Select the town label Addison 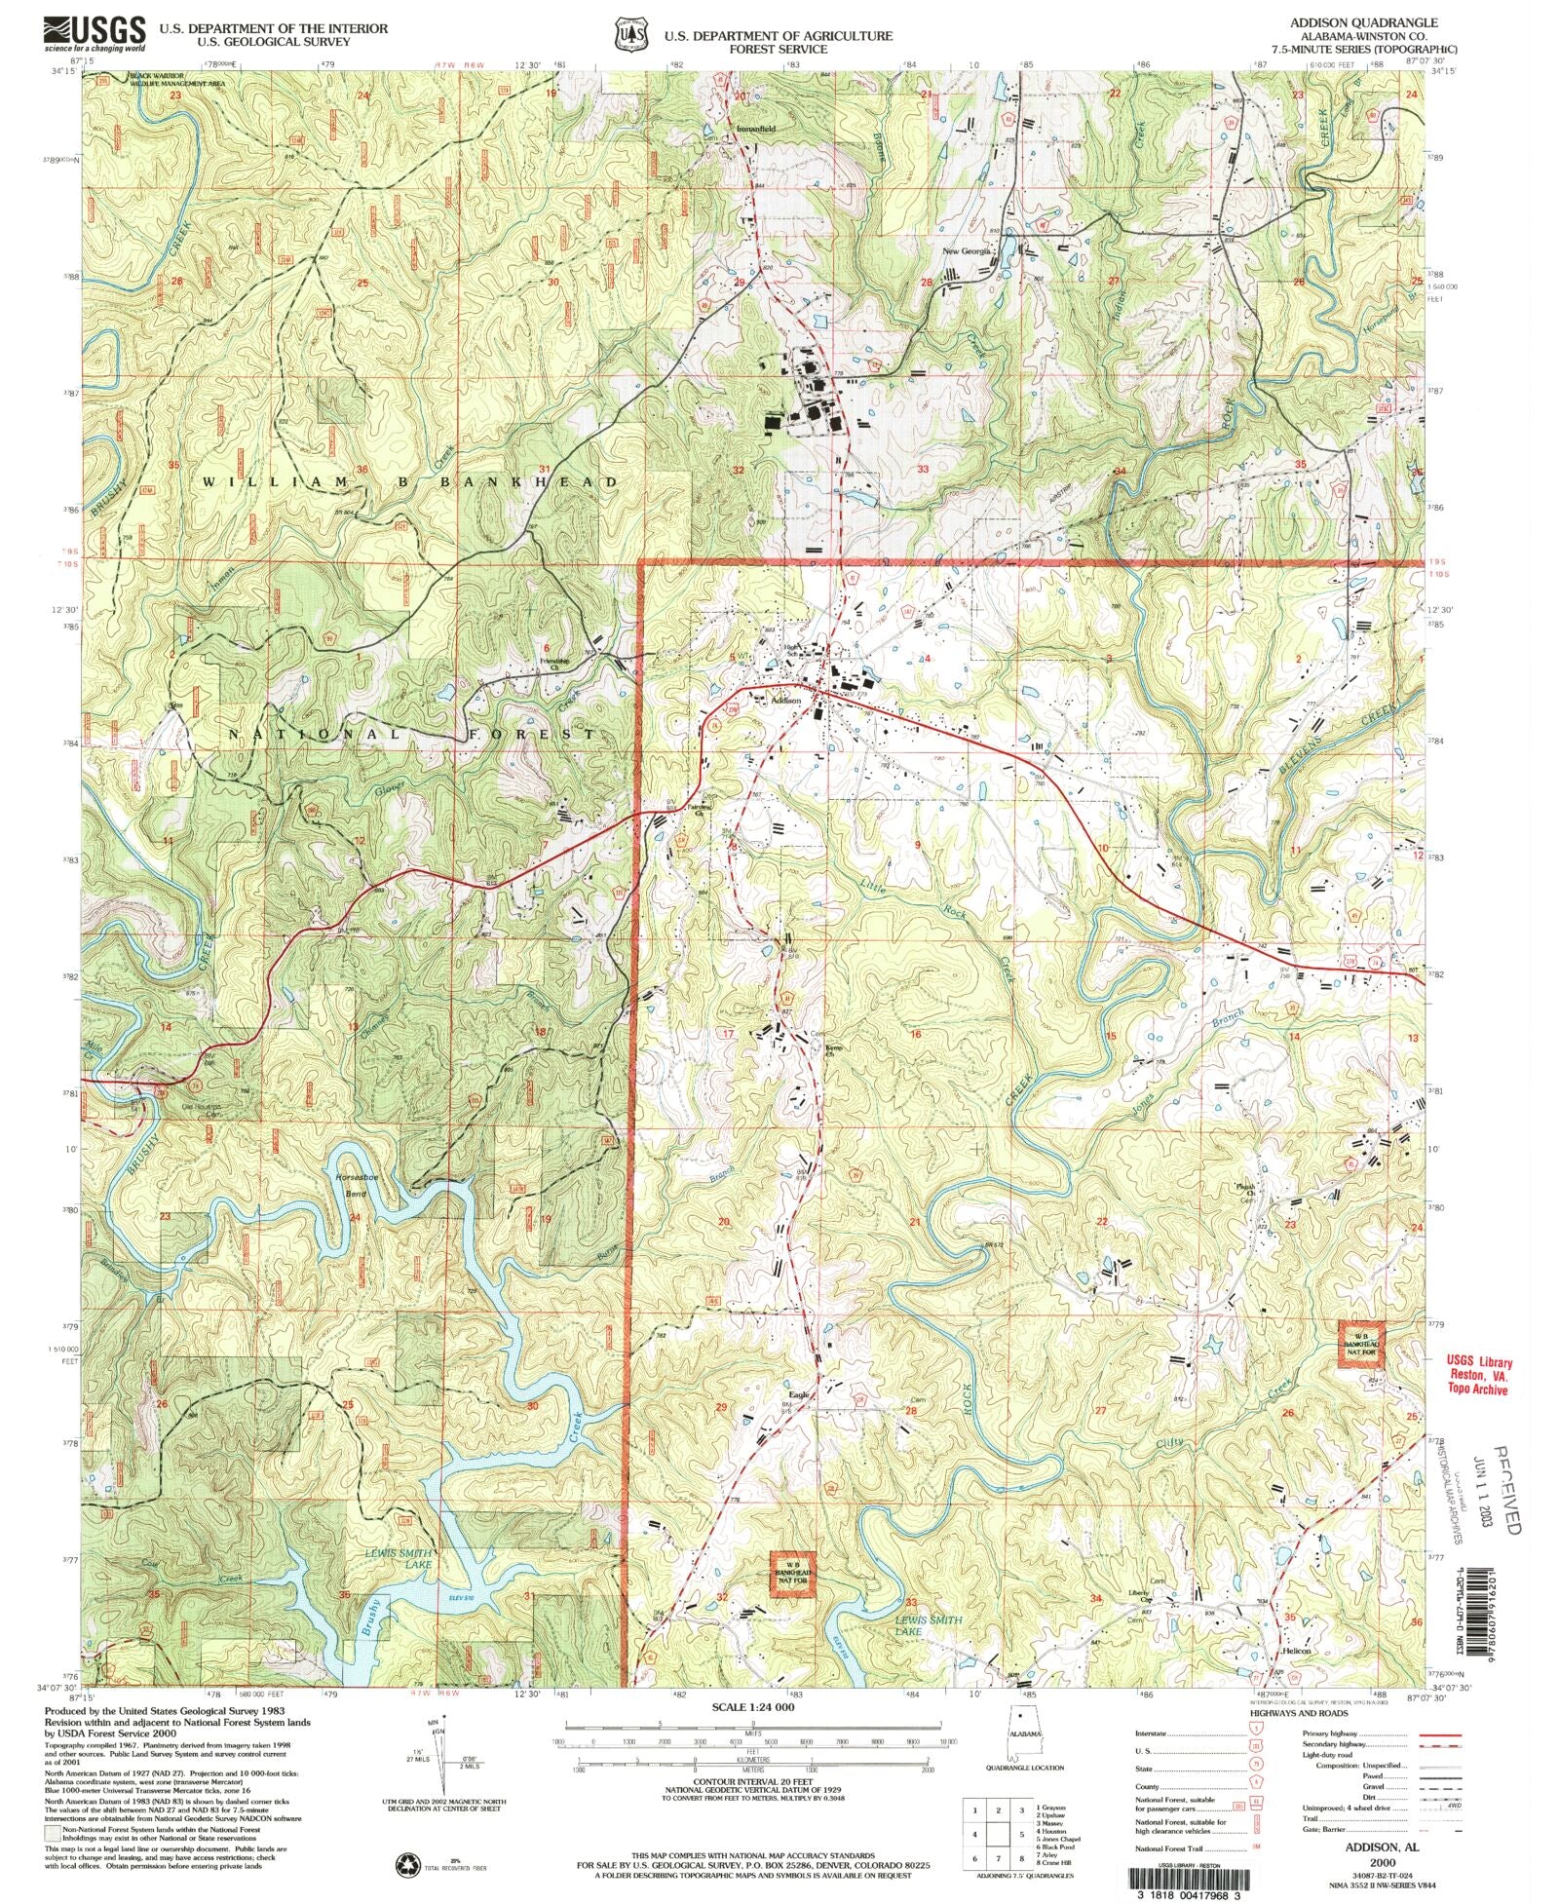click(x=785, y=700)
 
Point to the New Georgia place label click(x=967, y=250)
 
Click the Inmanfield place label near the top click(x=756, y=128)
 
